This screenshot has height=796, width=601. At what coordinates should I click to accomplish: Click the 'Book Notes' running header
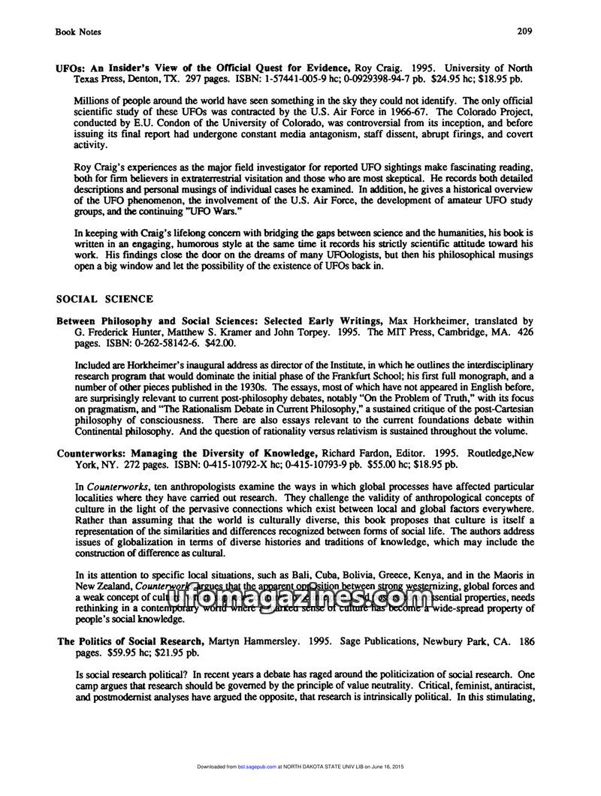[78, 32]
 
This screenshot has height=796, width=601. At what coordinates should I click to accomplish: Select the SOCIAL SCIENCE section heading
[105, 299]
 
